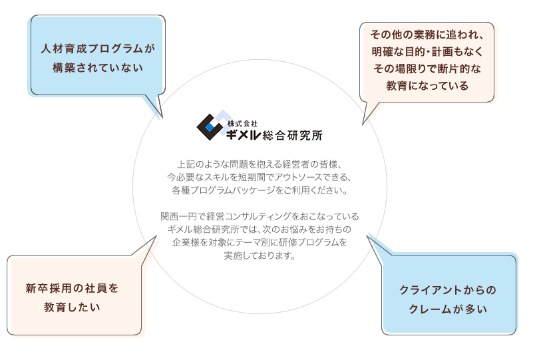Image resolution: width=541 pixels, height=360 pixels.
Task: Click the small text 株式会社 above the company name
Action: point(242,124)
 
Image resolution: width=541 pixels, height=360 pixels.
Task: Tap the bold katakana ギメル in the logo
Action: point(243,135)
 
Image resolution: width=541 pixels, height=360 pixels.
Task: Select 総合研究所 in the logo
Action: point(293,135)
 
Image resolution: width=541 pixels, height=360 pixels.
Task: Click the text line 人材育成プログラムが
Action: point(98,49)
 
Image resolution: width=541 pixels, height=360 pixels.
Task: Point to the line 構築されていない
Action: point(98,68)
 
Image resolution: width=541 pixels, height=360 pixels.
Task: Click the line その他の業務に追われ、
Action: point(427,35)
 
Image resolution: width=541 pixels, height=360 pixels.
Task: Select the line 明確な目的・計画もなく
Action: point(427,52)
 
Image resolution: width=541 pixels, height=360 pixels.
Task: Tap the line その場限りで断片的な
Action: point(427,69)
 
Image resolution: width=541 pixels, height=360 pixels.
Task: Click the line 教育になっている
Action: point(427,86)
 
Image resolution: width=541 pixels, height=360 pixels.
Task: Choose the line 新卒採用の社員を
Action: point(72,288)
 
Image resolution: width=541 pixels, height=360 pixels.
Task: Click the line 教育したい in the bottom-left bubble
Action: point(72,307)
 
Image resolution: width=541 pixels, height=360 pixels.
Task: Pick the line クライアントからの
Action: point(448,290)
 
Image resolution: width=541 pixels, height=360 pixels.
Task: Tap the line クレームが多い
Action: point(448,309)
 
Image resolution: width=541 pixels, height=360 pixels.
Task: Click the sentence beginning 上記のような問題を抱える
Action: point(260,164)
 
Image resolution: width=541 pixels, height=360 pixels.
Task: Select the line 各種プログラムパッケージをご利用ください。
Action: point(260,190)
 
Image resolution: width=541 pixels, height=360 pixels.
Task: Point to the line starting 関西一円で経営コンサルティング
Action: point(260,216)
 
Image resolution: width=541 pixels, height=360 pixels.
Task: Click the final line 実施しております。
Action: point(260,256)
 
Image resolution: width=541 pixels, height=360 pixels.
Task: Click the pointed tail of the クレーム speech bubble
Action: point(368,236)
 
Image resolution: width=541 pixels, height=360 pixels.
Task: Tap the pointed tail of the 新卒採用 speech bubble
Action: point(156,237)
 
